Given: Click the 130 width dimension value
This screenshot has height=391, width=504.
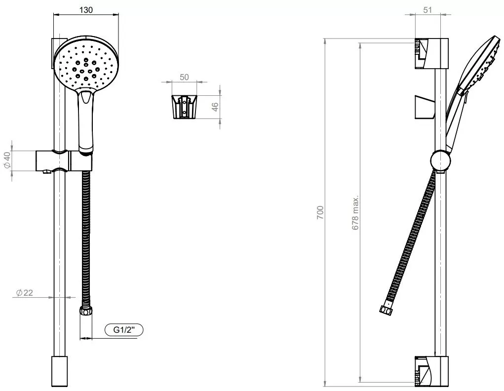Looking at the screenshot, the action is [x=86, y=10].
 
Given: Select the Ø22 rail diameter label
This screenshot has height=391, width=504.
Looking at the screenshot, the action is [x=24, y=293].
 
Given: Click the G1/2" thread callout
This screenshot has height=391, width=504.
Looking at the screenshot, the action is [x=124, y=330].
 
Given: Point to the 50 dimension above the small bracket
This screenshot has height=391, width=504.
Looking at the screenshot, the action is [x=184, y=77].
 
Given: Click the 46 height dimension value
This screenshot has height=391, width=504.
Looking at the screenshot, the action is [x=215, y=107].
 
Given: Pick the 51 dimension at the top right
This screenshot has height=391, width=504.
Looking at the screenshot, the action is [x=427, y=10].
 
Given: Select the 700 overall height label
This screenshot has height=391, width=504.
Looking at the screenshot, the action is [x=320, y=213].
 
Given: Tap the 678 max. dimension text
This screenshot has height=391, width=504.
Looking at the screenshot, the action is [x=355, y=213].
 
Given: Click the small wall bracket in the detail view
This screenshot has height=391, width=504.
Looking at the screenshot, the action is [x=184, y=107].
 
